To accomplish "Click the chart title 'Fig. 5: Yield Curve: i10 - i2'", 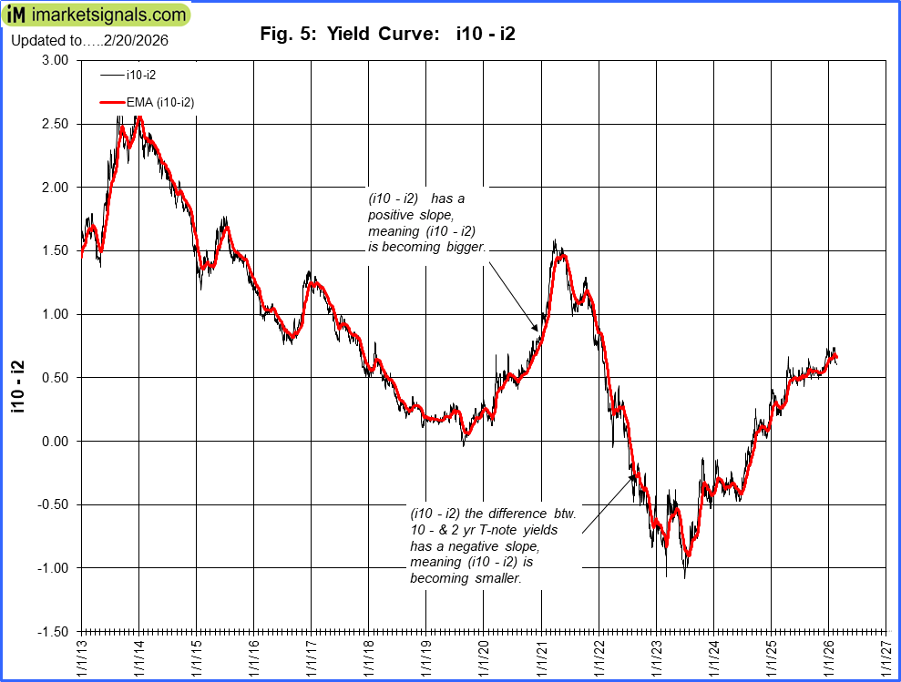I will click(x=388, y=35).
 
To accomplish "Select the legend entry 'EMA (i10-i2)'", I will click(x=159, y=103).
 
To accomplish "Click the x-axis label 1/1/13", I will click(x=82, y=657).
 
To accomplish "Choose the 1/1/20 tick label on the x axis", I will click(x=484, y=657).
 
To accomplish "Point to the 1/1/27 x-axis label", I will click(x=886, y=657).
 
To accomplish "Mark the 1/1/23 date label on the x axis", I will click(x=656, y=657).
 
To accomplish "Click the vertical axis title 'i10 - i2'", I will click(x=17, y=387).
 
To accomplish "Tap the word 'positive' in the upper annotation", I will click(x=392, y=215).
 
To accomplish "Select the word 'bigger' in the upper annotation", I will click(x=463, y=247).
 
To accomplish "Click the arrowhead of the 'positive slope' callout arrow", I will click(x=538, y=329).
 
